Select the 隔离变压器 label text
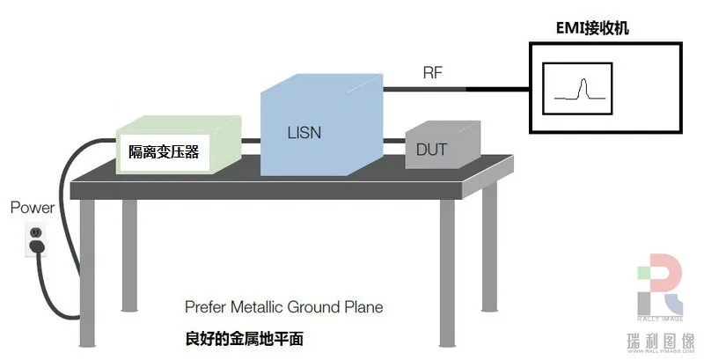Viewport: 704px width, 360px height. pos(164,152)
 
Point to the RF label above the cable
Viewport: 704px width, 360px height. pos(432,74)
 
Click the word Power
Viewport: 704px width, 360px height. pos(32,209)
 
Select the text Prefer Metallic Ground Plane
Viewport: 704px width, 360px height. pos(283,308)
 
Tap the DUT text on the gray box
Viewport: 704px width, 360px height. pos(431,151)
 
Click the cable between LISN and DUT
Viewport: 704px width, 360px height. pos(393,138)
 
